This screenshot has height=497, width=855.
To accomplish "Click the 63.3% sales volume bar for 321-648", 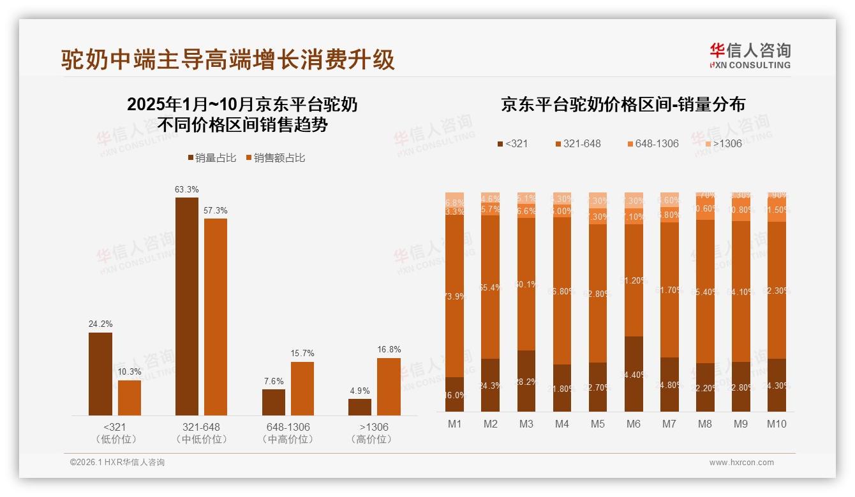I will coord(186,306).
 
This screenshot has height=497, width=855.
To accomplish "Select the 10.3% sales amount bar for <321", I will coord(130,398).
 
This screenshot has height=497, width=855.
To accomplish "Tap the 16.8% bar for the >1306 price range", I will coord(389,387).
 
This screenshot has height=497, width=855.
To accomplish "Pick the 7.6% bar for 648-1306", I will coord(273,402).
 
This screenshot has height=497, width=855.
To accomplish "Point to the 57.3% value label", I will coord(216,210).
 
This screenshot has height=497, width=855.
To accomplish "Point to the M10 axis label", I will coord(777,424).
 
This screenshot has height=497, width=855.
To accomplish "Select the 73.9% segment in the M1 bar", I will coord(454,296).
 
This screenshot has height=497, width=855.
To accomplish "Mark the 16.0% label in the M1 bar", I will coord(454,395).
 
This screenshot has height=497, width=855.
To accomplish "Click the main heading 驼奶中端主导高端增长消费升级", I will coord(228,59).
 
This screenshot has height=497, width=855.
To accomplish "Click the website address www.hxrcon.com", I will coord(741,463).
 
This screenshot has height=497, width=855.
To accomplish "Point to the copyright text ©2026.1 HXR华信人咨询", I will coord(117,463).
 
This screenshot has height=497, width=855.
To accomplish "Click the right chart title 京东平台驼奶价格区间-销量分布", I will coord(623,105).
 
